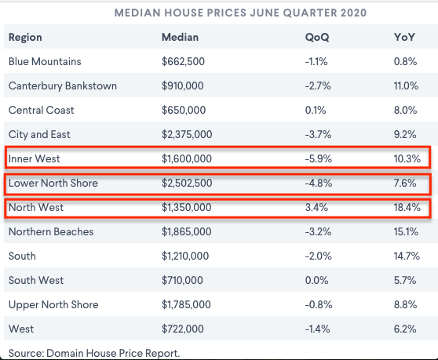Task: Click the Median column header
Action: (181, 37)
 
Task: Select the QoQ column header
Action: (317, 38)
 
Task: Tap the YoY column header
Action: (404, 37)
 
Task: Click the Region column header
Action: (25, 38)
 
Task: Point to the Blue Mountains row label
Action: (45, 61)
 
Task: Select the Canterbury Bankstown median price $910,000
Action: (183, 86)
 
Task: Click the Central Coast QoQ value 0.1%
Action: (316, 111)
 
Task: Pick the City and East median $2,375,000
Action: (187, 135)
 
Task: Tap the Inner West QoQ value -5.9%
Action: (319, 158)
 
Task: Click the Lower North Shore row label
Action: (53, 183)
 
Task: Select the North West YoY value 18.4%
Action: (407, 207)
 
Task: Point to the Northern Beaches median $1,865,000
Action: (186, 231)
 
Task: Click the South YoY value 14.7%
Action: (407, 256)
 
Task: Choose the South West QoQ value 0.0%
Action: (317, 280)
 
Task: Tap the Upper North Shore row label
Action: (53, 305)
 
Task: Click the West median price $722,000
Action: (183, 329)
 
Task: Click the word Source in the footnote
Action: (26, 353)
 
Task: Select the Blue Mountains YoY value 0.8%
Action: (405, 61)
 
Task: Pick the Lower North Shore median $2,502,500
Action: (187, 183)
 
